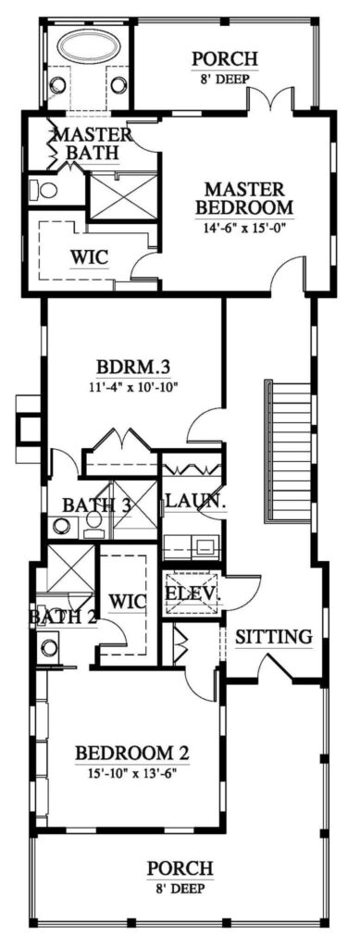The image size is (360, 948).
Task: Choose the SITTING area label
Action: click(274, 637)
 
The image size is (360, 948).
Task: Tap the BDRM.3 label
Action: click(131, 368)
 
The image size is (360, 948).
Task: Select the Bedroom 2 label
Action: click(132, 754)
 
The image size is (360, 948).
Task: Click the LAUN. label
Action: click(190, 501)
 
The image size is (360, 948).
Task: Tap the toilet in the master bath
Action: click(44, 191)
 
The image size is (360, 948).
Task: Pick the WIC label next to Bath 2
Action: click(128, 602)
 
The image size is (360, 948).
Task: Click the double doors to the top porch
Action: click(270, 99)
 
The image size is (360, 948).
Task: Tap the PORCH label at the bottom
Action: click(180, 868)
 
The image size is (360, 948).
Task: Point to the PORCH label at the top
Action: click(225, 59)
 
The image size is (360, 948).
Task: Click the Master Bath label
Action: click(93, 143)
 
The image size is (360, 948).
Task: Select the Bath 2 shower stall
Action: click(70, 568)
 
